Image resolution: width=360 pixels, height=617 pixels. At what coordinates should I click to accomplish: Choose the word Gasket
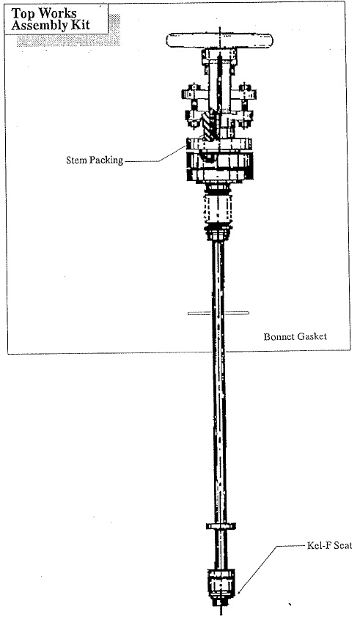312,336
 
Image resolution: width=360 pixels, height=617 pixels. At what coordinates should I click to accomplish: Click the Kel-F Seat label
329,545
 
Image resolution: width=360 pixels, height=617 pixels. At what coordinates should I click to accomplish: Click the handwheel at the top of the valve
219,40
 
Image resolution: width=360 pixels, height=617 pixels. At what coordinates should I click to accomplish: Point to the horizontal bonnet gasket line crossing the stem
218,313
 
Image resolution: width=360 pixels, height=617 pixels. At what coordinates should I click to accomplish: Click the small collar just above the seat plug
221,525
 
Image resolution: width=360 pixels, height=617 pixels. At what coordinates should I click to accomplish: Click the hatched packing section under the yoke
209,125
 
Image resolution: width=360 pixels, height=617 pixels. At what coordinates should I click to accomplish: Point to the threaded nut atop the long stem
218,233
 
